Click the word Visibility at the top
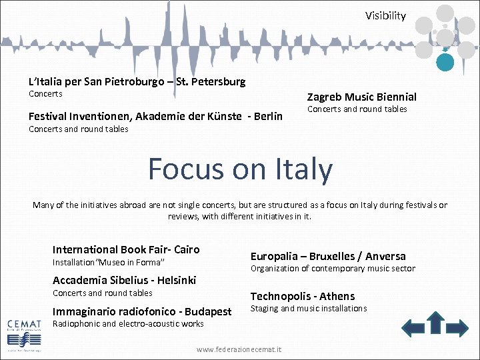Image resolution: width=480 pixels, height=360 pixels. click(x=385, y=16)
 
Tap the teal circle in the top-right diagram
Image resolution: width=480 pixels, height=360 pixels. click(x=445, y=62)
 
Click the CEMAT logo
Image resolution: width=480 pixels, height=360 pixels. click(x=23, y=329)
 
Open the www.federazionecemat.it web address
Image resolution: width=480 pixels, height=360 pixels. click(x=239, y=349)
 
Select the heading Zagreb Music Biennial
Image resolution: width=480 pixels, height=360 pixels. click(x=361, y=97)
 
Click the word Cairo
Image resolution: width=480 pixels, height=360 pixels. click(x=186, y=249)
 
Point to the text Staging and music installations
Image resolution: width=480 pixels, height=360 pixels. click(x=308, y=308)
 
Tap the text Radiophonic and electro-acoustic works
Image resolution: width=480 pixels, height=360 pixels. click(x=128, y=324)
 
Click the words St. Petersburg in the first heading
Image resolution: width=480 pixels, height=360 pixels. click(x=212, y=81)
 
